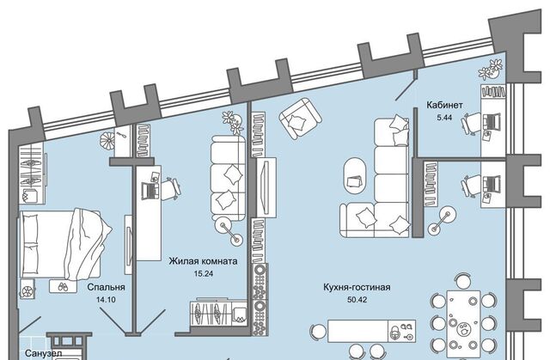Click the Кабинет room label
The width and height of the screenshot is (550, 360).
[445, 105]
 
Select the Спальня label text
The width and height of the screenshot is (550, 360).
[107, 288]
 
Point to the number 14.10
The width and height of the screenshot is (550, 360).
[107, 301]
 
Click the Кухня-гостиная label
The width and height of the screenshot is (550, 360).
[363, 287]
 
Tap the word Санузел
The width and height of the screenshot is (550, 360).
[18, 352]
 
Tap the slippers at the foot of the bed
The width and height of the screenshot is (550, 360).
[63, 285]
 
